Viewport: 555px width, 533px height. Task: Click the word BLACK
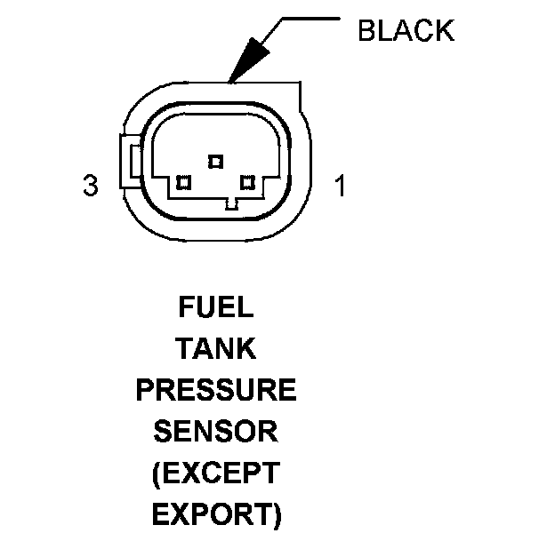coord(406,30)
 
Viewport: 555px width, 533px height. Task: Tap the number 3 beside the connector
coord(89,186)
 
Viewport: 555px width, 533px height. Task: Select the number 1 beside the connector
coord(339,186)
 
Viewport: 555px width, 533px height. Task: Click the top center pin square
coord(214,161)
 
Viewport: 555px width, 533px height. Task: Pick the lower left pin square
coord(183,182)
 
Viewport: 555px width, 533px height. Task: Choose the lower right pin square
coord(247,182)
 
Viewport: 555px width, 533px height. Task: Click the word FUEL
coord(215,307)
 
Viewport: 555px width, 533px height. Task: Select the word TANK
coord(215,348)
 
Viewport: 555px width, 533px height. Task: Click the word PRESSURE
coord(215,390)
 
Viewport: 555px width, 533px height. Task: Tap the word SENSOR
coord(215,432)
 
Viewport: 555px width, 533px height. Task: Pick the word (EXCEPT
coord(215,473)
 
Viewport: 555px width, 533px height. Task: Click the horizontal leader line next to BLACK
coord(311,17)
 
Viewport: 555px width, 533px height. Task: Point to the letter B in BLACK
coord(366,30)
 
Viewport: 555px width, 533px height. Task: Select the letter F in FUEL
coord(185,307)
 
